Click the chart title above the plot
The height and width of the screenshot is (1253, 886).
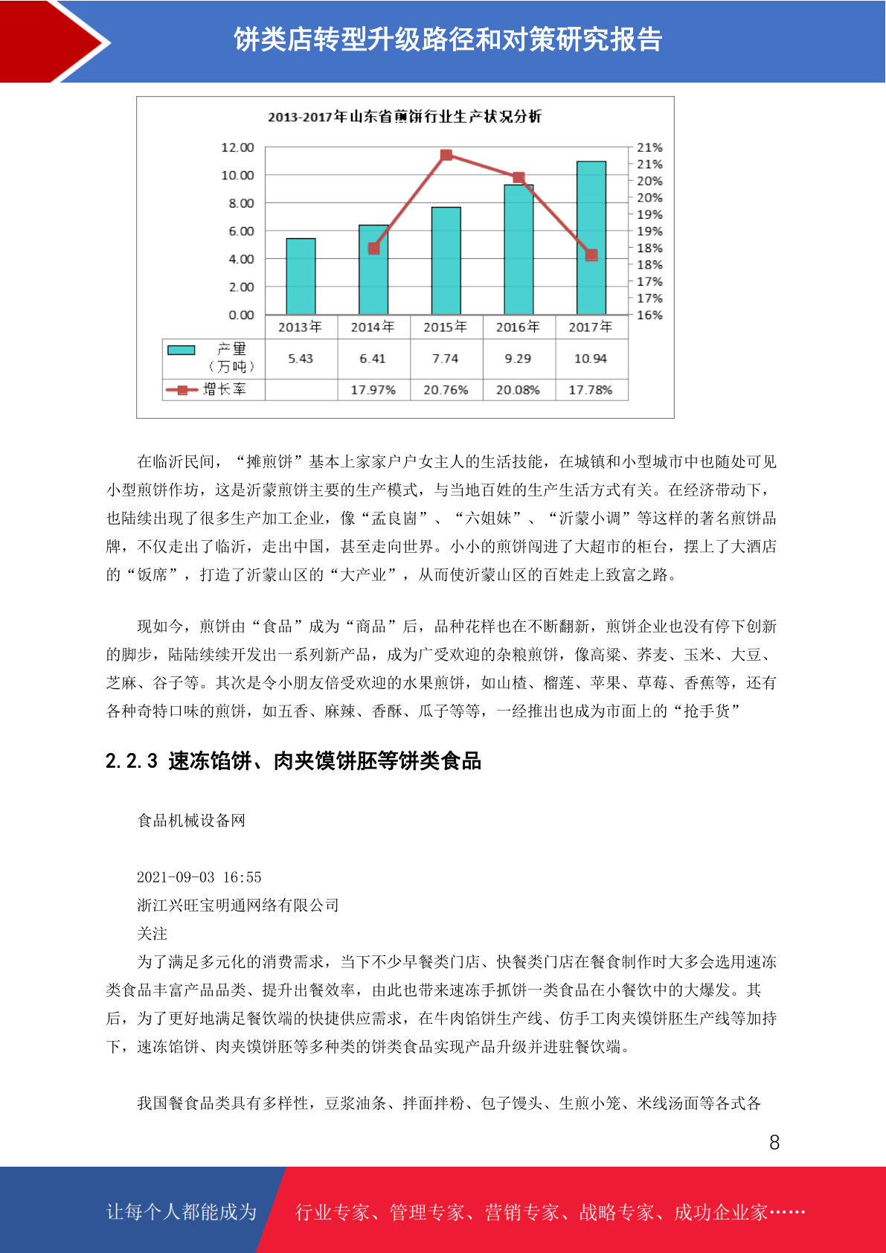point(405,117)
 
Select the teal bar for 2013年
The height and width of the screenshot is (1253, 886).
point(301,277)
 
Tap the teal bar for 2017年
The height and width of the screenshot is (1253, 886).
point(591,238)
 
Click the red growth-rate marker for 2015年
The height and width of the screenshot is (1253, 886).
point(446,155)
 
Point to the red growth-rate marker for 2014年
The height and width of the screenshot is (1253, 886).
point(373,249)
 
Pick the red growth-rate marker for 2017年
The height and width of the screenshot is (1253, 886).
point(591,255)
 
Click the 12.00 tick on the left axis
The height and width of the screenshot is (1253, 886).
point(237,147)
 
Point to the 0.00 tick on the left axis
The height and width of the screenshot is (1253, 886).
point(241,315)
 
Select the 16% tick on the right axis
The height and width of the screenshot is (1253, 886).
point(649,315)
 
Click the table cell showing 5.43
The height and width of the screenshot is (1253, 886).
point(301,359)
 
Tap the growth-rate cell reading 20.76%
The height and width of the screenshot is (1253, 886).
point(446,390)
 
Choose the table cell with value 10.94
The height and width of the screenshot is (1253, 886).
point(591,359)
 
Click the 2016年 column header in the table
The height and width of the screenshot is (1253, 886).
point(518,327)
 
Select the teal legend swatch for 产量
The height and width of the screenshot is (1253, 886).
point(181,350)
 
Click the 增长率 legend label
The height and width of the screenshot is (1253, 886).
point(224,389)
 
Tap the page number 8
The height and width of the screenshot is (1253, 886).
point(774,1143)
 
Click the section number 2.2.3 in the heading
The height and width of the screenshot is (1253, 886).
point(132,761)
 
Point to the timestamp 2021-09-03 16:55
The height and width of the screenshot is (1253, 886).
point(199,877)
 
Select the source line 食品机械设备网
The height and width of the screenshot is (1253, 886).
point(191,821)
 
